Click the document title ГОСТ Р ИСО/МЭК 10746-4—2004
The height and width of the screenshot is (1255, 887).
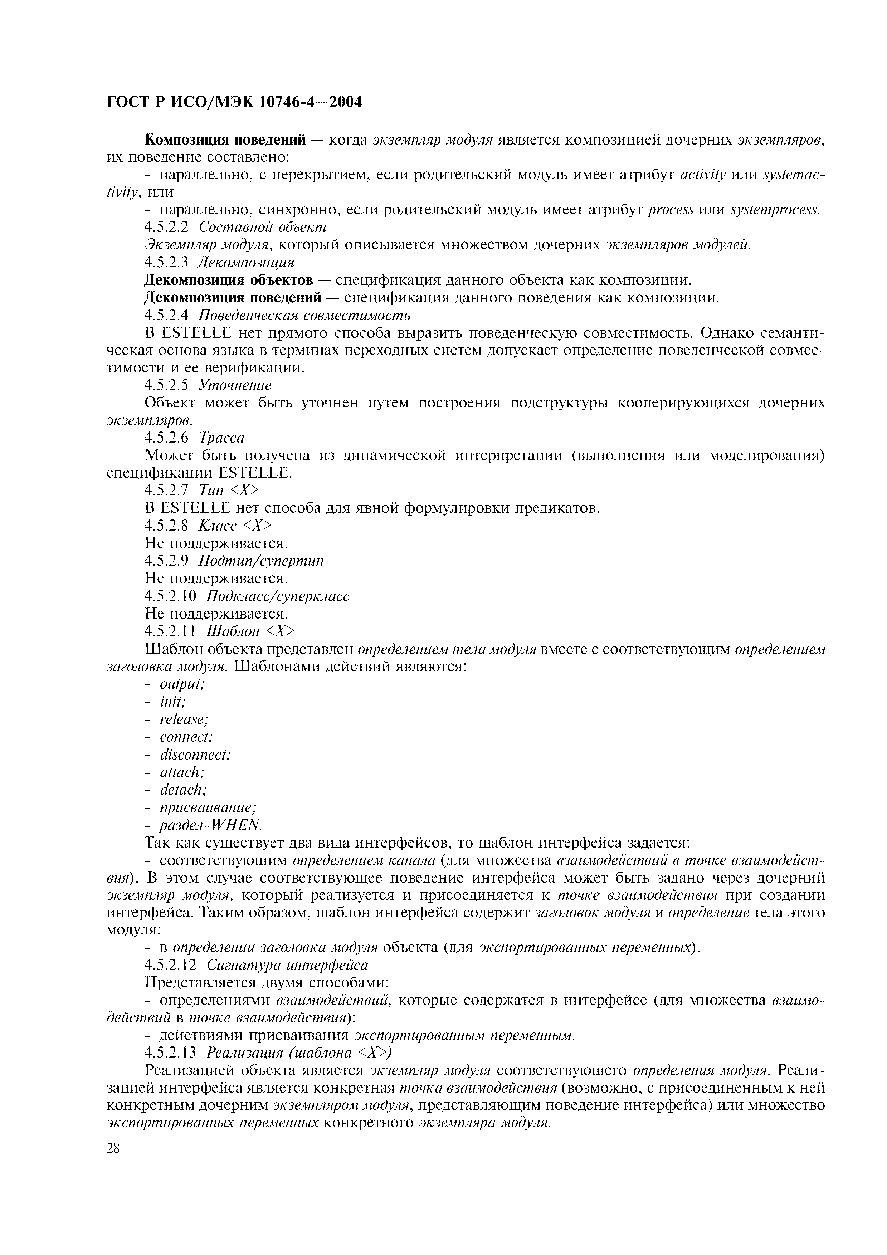[234, 102]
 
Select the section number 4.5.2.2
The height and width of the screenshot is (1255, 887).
[166, 227]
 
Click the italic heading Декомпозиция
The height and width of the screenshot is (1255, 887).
[245, 262]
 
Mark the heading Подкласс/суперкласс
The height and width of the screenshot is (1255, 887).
[278, 596]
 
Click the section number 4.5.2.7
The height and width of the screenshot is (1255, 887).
[166, 490]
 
